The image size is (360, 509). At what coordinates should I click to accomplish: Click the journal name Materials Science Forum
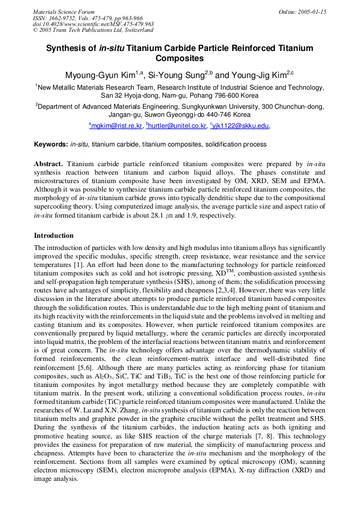click(64, 12)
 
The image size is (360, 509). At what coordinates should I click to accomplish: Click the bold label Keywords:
click(51, 144)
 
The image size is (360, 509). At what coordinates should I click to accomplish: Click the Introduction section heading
click(54, 235)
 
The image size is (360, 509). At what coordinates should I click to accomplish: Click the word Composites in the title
click(179, 58)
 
